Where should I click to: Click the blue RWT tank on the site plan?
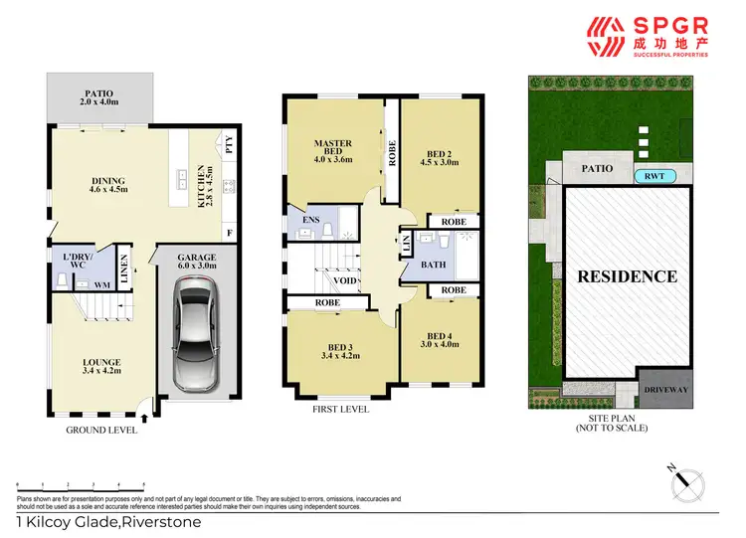653,176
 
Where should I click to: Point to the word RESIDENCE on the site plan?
627,276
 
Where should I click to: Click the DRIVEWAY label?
664,391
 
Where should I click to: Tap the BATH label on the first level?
432,265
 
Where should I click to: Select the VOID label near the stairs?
345,281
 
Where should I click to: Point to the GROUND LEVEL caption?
100,430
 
